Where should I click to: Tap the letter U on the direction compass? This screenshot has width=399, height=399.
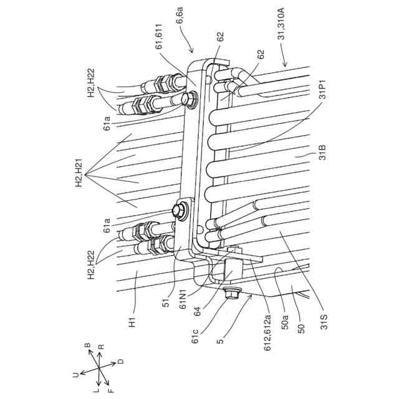coord(74,373)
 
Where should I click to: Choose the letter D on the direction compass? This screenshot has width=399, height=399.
coord(121,360)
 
